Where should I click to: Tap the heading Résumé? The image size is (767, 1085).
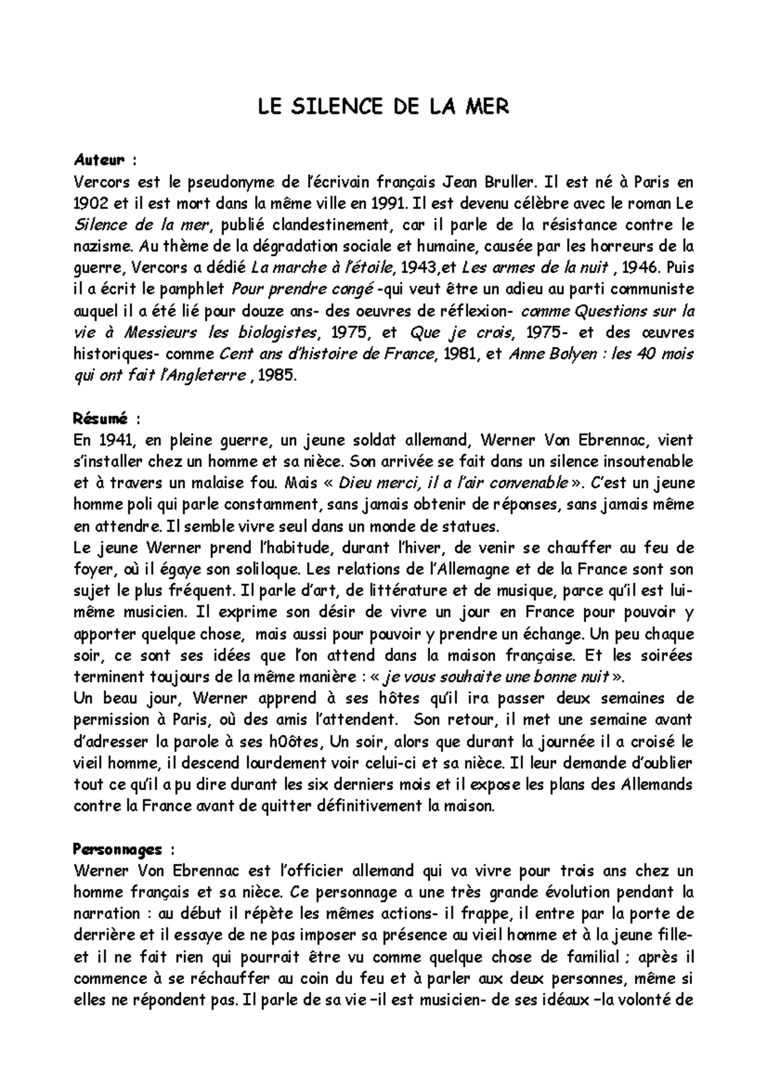102,419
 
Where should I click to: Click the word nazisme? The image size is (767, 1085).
101,247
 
